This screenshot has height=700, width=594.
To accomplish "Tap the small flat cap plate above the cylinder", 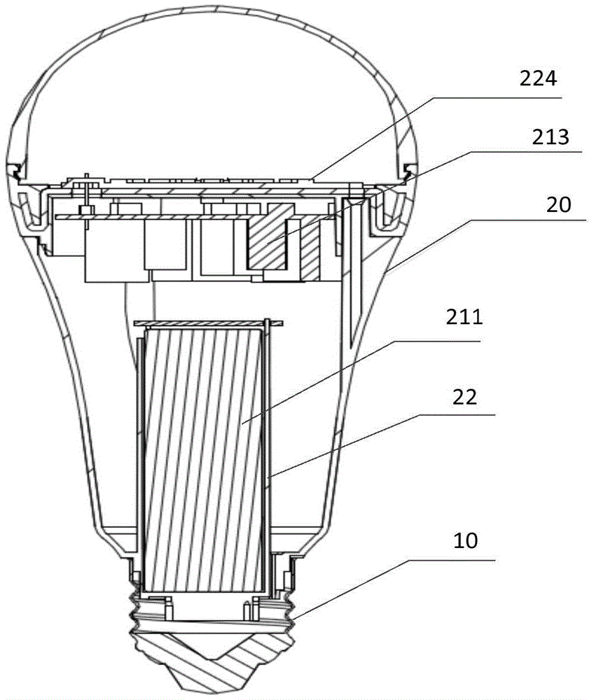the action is [207, 322].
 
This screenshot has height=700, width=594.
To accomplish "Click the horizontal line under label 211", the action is [434, 340].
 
